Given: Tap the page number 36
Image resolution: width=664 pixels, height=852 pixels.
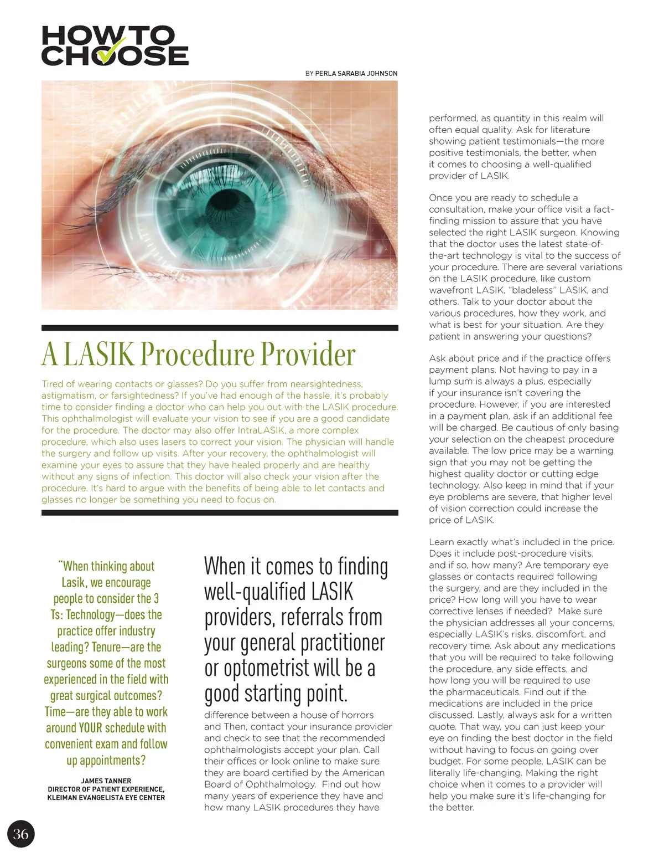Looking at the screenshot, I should tap(20, 834).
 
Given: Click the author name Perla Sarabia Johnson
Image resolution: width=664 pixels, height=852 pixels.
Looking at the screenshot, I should tap(356, 73).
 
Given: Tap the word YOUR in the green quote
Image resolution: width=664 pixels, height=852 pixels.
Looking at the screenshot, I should tap(90, 728).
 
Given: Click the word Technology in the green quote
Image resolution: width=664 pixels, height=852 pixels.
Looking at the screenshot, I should tap(91, 615).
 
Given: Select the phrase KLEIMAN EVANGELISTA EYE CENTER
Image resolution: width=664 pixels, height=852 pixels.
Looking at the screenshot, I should tap(106, 798).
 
